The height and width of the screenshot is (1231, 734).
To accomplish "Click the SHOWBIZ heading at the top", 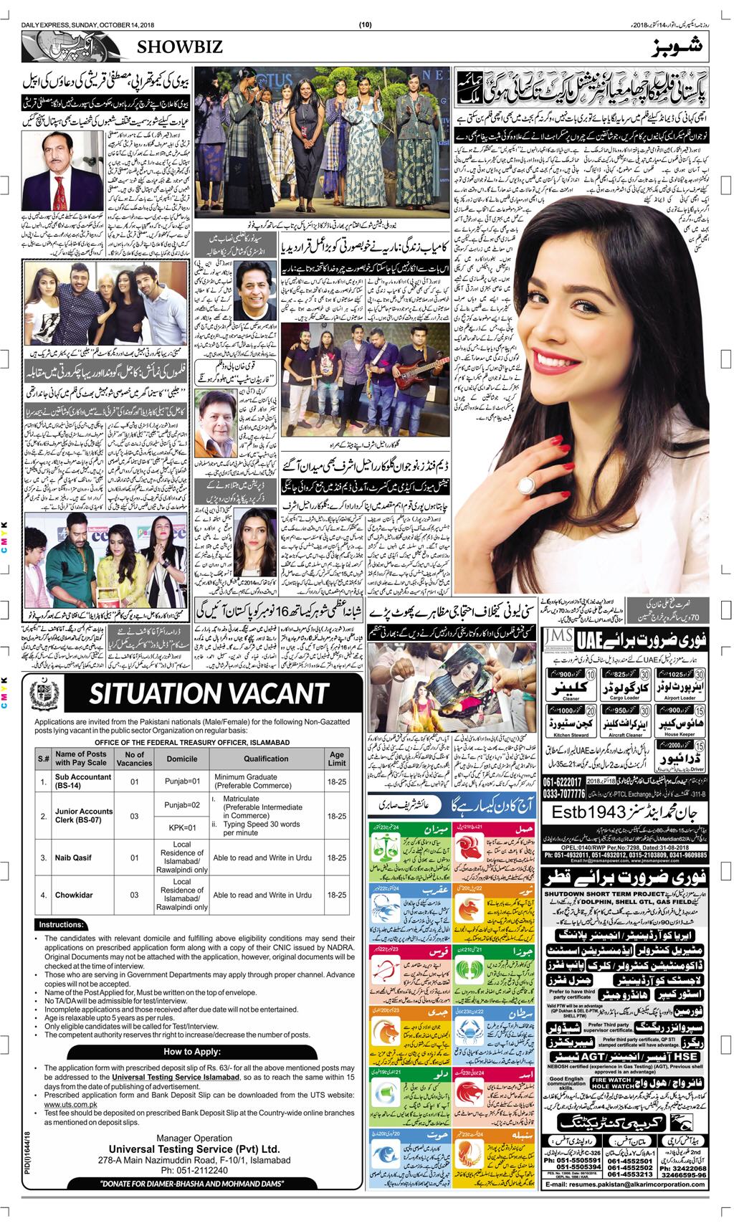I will (176, 48).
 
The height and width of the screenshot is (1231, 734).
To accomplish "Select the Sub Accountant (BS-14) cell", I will (81, 780).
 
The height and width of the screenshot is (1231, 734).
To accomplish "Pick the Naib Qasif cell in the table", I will (74, 857).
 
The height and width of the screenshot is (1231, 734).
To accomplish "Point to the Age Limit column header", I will (336, 759).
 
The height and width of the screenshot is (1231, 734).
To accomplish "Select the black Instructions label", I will (61, 925).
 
